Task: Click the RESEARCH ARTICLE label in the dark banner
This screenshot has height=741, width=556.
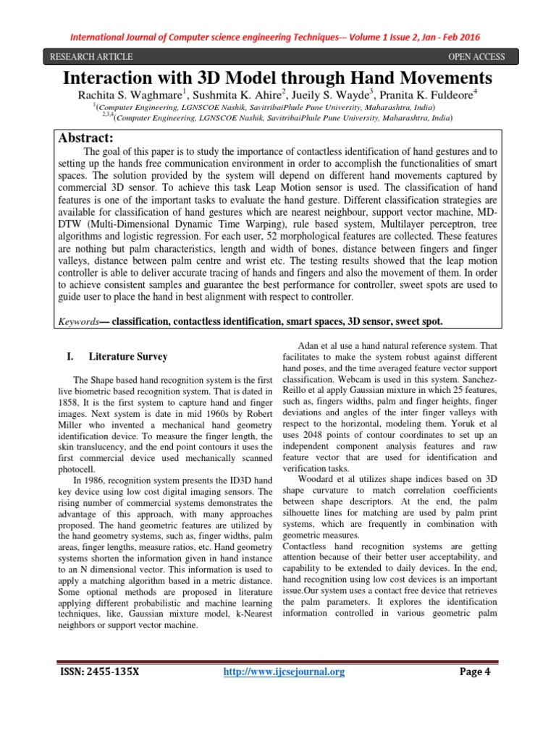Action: click(90, 57)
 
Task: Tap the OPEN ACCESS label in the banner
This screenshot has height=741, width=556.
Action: click(476, 57)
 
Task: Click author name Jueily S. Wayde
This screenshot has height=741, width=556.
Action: click(315, 93)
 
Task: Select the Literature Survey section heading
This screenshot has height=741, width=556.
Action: click(127, 357)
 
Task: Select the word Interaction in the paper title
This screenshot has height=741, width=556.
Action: click(117, 77)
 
